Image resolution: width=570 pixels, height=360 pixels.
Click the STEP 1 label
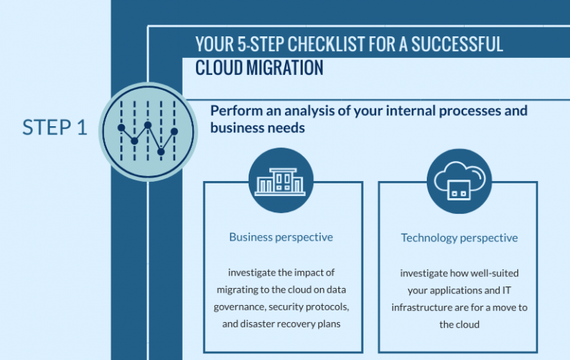coord(55,128)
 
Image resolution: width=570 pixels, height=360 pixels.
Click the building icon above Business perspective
coord(281,180)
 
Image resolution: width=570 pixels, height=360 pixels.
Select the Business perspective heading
coord(281,238)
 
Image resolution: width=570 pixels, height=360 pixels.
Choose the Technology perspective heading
coord(459,238)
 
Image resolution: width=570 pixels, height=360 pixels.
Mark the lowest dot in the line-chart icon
coord(161,151)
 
